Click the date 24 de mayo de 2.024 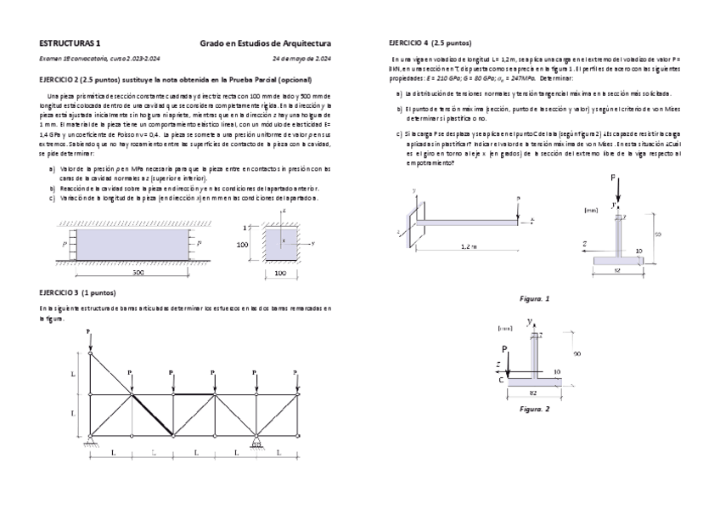(x=301, y=59)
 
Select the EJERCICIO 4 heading (x=430, y=42)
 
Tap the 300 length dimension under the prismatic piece (x=138, y=274)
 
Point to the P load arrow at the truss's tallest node (x=90, y=338)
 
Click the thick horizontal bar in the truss (x=194, y=394)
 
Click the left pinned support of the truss (x=91, y=440)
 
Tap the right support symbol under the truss (x=255, y=440)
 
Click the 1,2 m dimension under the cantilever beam (x=468, y=246)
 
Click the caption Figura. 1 (x=534, y=298)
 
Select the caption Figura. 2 (x=534, y=409)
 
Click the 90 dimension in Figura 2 (x=577, y=353)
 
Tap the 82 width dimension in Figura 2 (x=532, y=393)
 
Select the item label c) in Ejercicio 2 (x=53, y=197)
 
